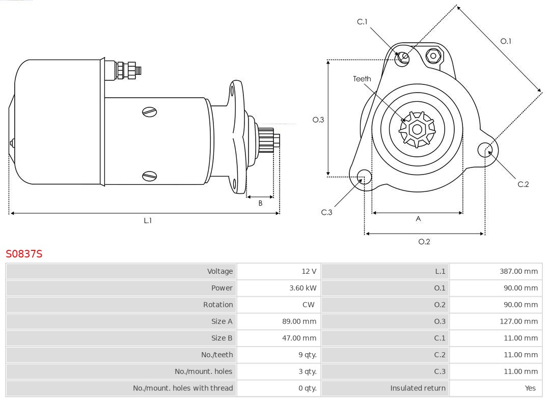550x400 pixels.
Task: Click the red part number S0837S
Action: click(x=24, y=253)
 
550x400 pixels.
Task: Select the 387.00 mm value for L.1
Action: click(x=518, y=271)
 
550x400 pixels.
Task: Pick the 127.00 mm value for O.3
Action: click(x=518, y=322)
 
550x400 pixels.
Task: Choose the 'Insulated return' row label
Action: click(x=418, y=388)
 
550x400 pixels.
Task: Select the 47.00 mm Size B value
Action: click(x=302, y=338)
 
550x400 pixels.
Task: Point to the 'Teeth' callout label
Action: click(x=362, y=79)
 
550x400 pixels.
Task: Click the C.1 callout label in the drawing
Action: click(x=362, y=22)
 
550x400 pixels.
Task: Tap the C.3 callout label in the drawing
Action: click(x=326, y=212)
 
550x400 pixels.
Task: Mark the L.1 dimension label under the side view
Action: click(x=148, y=221)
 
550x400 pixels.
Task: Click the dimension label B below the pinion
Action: click(x=260, y=203)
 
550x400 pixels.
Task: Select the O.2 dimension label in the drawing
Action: click(x=424, y=242)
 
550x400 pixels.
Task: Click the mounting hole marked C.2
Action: click(x=485, y=150)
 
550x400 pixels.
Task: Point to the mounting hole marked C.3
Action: click(x=364, y=177)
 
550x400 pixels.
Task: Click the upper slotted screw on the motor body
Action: click(x=150, y=111)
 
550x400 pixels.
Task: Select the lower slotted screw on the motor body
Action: click(x=150, y=176)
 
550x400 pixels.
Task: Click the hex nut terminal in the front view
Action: click(x=433, y=55)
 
